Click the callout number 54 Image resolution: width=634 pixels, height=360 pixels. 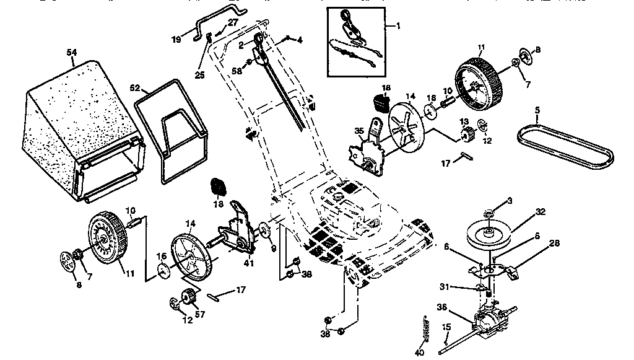tap(72, 54)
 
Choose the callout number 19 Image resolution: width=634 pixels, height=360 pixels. tap(177, 38)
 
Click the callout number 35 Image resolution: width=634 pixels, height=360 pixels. tap(358, 130)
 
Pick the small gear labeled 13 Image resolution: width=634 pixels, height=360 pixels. tap(466, 132)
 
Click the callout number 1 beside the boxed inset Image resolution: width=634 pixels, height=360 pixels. tap(398, 26)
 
